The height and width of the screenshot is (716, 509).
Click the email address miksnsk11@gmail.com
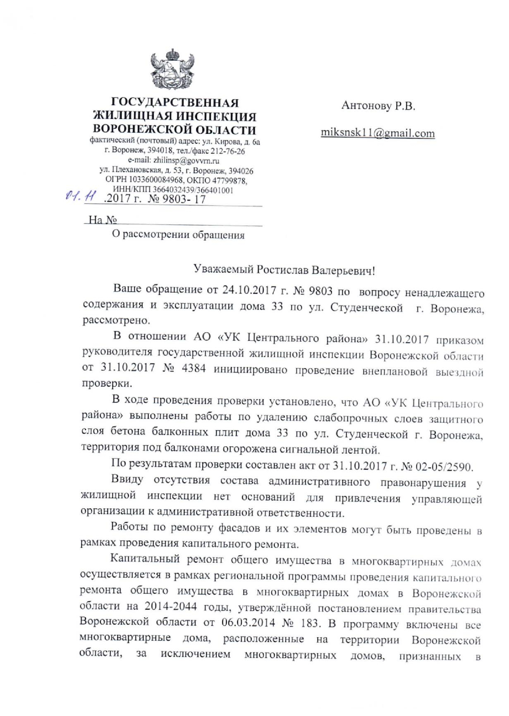pyautogui.click(x=378, y=133)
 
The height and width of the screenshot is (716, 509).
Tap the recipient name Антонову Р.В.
pyautogui.click(x=378, y=106)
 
